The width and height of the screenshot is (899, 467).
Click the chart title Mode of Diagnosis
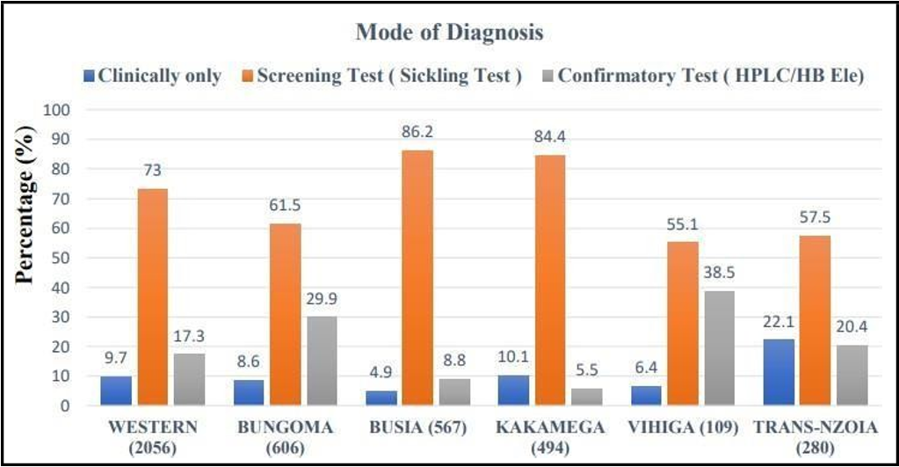449,33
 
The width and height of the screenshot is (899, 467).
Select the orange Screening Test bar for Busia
417,277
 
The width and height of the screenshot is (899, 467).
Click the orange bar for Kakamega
549,280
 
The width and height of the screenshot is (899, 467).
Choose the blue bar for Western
115,390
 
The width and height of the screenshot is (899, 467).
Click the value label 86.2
417,132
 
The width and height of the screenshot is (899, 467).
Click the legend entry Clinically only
153,76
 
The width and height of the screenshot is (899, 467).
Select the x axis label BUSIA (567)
417,427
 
